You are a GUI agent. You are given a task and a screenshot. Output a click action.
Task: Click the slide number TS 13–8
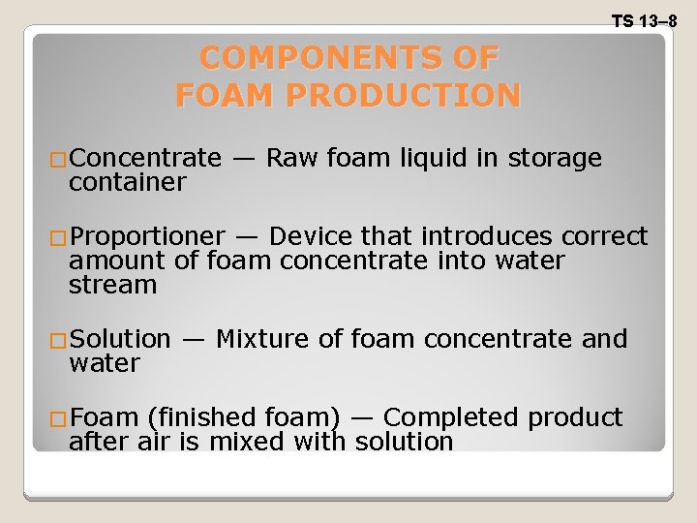[x=644, y=20]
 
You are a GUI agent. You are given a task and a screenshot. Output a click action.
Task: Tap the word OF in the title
[x=473, y=58]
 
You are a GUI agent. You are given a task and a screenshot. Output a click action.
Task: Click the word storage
[x=555, y=159]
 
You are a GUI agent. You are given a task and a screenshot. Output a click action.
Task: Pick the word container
[x=127, y=182]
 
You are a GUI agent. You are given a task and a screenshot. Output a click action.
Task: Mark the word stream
[x=112, y=285]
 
